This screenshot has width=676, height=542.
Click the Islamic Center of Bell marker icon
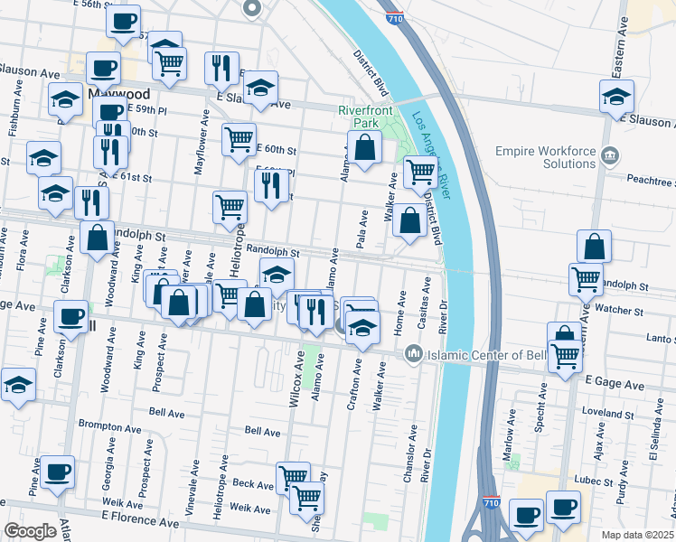(x=414, y=352)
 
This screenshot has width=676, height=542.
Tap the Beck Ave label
(x=253, y=485)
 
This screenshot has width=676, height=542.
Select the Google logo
(x=31, y=530)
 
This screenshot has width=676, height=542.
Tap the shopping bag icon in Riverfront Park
(x=363, y=148)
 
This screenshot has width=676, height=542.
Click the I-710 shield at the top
(x=394, y=17)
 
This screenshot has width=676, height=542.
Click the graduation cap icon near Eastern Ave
(x=616, y=97)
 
